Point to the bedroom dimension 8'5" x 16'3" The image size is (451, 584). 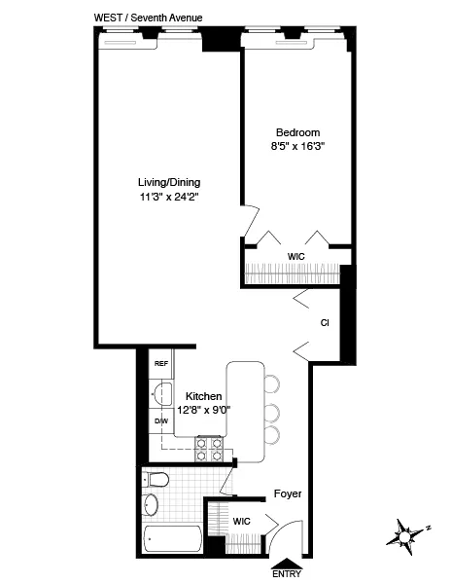click(297, 148)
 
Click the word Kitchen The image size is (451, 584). click(204, 396)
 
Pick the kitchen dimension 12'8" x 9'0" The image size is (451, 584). click(204, 410)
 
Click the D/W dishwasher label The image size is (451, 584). click(160, 421)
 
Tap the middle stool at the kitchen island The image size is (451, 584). click(273, 409)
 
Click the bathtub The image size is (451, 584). click(171, 541)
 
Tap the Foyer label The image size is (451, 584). click(286, 493)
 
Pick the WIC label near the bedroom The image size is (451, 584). click(296, 256)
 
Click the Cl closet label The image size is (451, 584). click(324, 323)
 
